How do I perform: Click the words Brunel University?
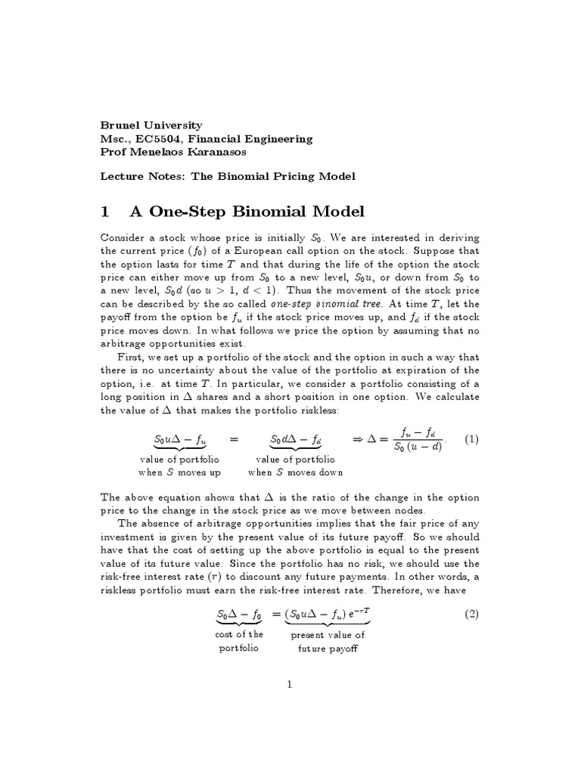coord(151,125)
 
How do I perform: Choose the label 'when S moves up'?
coord(179,472)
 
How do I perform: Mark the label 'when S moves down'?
coord(295,472)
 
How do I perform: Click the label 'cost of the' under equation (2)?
coord(238,634)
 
